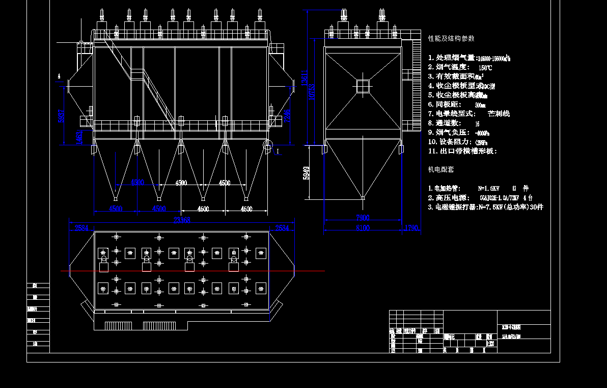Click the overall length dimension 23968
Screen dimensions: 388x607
[181, 220]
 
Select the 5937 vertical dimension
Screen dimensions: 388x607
[62, 117]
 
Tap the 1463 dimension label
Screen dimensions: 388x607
[79, 138]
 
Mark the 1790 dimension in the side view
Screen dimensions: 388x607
[411, 228]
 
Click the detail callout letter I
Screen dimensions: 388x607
[278, 151]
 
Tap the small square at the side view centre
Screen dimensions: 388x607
[362, 86]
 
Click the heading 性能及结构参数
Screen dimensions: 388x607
[451, 39]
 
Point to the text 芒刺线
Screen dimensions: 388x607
[499, 114]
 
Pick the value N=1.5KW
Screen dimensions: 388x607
[488, 188]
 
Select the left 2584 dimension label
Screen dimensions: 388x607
[81, 228]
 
